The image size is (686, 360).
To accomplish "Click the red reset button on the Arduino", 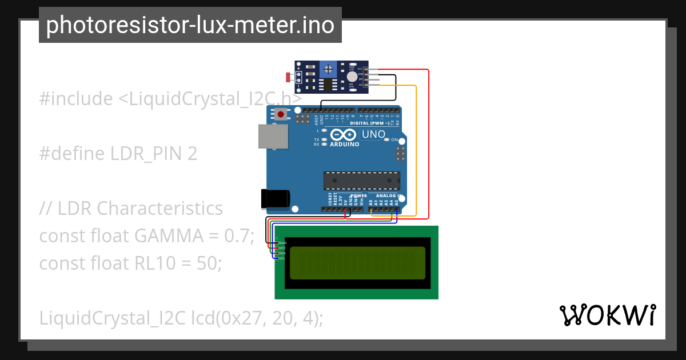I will (281, 115).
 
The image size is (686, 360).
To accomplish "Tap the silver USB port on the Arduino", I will (273, 138).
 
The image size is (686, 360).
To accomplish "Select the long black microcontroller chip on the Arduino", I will (362, 180).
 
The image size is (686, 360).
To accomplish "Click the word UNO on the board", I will (374, 135).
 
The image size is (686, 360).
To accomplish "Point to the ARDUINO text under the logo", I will (345, 145).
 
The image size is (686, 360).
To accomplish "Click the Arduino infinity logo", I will (344, 135).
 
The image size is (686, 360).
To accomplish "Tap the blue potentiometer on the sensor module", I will (328, 70).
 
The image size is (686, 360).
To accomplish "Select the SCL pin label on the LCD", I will (282, 258).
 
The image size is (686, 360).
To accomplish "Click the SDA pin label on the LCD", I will (282, 253).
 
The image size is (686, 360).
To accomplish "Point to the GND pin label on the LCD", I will (282, 243).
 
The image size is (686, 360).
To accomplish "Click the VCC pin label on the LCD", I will (282, 248).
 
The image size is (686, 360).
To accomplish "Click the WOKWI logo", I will (607, 315).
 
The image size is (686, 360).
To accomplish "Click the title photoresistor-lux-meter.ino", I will (190, 25).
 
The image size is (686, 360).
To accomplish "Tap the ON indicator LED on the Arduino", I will (387, 139).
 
